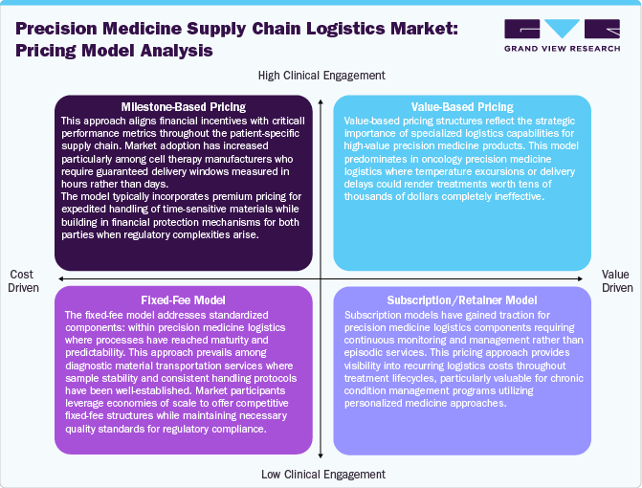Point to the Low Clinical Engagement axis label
point(322,474)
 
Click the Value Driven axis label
point(617,279)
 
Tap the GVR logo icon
point(563,32)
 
